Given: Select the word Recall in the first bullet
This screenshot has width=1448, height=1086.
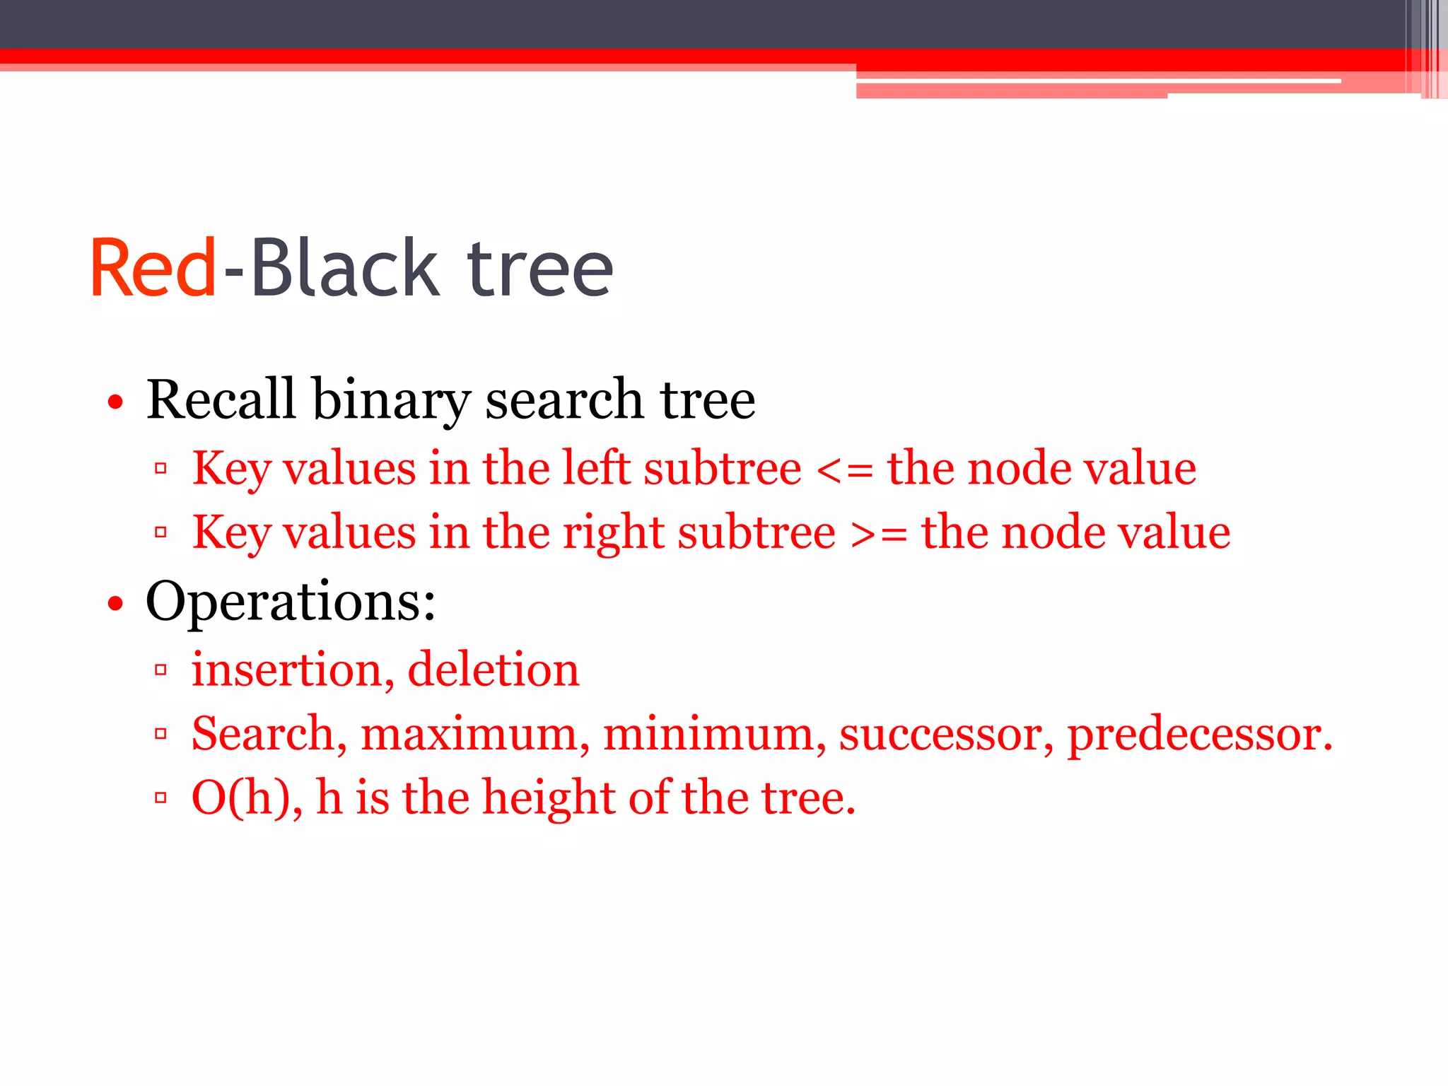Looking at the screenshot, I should pyautogui.click(x=221, y=399).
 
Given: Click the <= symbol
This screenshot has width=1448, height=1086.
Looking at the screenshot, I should pyautogui.click(x=844, y=469).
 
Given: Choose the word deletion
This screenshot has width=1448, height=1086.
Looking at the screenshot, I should pyautogui.click(x=494, y=670).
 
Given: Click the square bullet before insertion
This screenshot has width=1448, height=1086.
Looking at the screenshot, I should pyautogui.click(x=160, y=669).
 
